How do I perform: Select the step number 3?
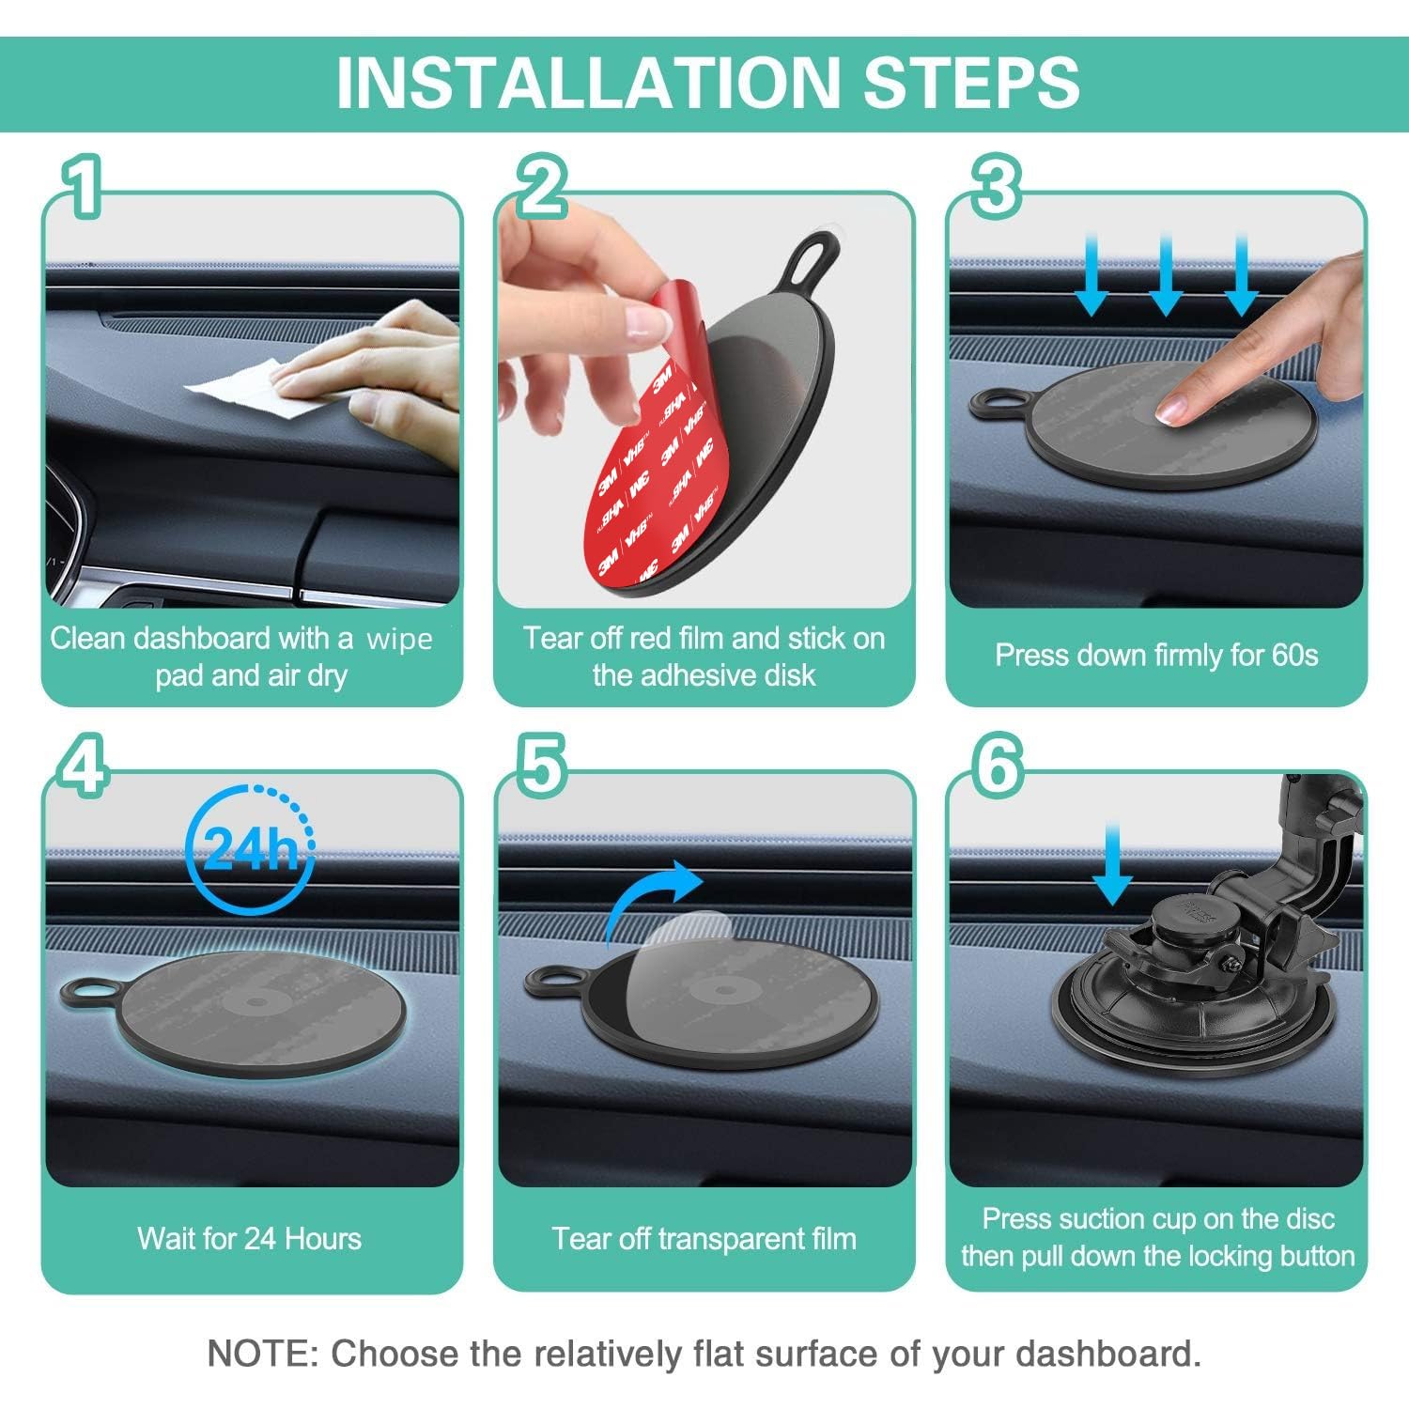point(996,187)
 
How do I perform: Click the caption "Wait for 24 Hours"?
point(249,1238)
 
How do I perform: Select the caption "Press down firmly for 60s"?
point(1156,655)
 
